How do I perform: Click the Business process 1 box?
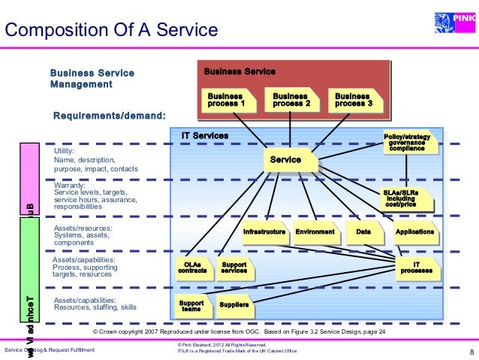point(226,100)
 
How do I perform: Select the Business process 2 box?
point(291,100)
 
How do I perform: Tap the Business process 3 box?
point(353,100)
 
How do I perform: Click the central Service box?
point(285,160)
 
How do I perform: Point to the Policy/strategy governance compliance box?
point(407,143)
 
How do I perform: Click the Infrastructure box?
point(264,232)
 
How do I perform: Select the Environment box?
point(315,232)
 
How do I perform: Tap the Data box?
point(363,232)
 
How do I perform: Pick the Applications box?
point(414,232)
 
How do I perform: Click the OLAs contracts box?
point(191,268)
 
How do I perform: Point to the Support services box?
point(234,268)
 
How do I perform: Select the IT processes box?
point(416,268)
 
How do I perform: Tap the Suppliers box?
point(233,305)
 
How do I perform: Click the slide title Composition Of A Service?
point(111,30)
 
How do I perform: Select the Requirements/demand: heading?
point(110,116)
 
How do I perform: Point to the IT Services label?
point(205,135)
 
